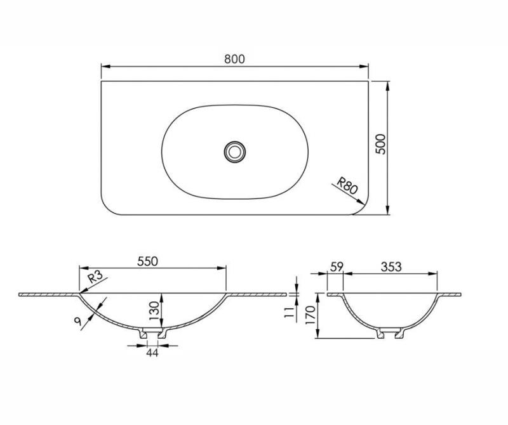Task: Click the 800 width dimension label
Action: pos(234,59)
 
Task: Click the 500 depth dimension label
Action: pos(381,144)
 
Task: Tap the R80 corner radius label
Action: pos(347,185)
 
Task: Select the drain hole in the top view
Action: pos(234,151)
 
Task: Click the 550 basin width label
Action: pos(147,261)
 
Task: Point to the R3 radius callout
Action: pos(95,277)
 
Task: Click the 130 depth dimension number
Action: pos(154,311)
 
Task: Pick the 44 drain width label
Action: pos(152,353)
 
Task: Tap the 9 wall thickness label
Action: pos(77,321)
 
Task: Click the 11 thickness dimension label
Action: pos(289,312)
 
